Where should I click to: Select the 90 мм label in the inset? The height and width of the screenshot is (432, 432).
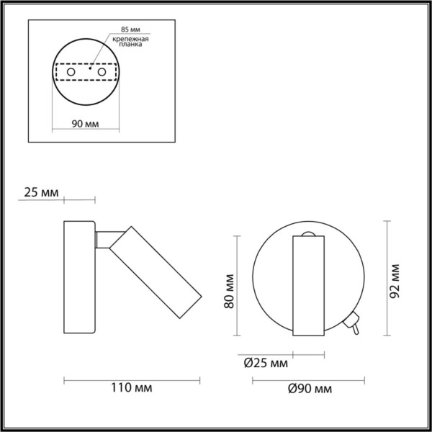point(86,124)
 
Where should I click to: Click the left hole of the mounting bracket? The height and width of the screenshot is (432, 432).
point(71,73)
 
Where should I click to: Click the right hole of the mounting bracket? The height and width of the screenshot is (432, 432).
point(102,73)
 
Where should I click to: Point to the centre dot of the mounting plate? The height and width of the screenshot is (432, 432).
point(87,70)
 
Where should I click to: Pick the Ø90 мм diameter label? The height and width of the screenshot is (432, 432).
point(309,389)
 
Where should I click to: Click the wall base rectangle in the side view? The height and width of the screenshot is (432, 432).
point(79,276)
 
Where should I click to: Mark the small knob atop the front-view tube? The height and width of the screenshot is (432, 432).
point(308,233)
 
